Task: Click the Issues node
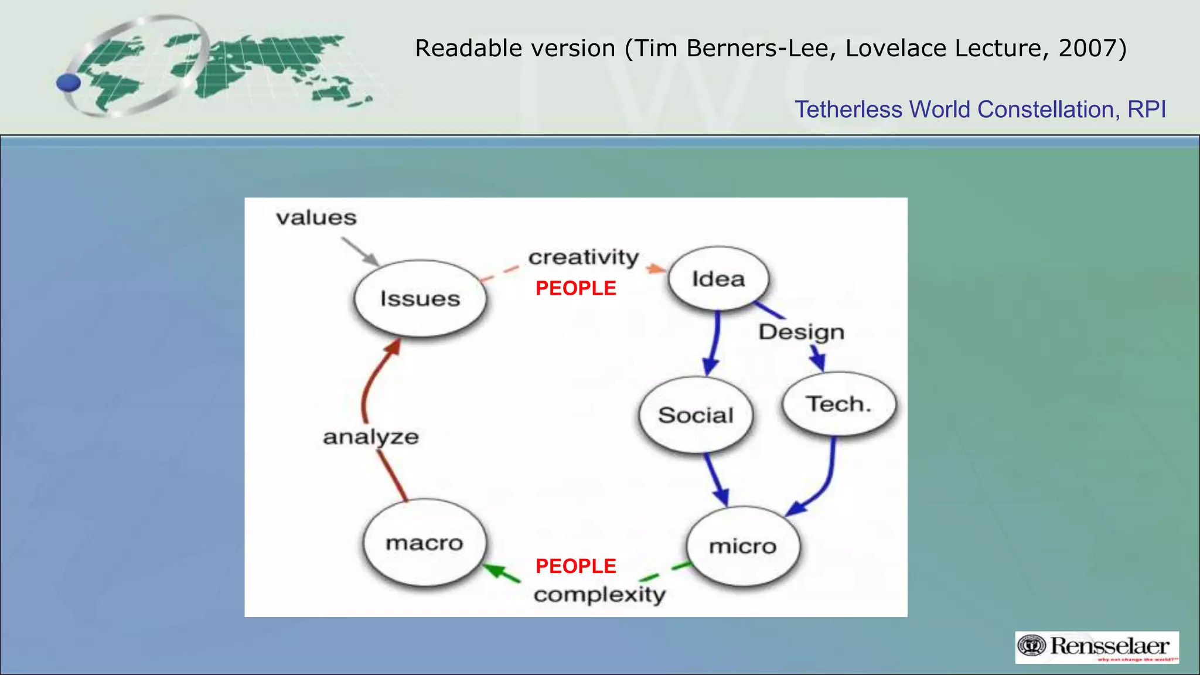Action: pyautogui.click(x=420, y=298)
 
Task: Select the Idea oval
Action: pyautogui.click(x=718, y=279)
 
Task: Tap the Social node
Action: pyautogui.click(x=696, y=415)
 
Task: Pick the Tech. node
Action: pyautogui.click(x=838, y=404)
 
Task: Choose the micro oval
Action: pyautogui.click(x=742, y=546)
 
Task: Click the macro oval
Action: pyautogui.click(x=424, y=543)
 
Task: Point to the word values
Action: pyautogui.click(x=316, y=218)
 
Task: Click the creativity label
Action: pyautogui.click(x=584, y=257)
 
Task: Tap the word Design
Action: pyautogui.click(x=801, y=332)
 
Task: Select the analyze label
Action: pyautogui.click(x=371, y=437)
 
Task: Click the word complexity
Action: pyautogui.click(x=599, y=595)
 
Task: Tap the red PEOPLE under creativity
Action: pyautogui.click(x=575, y=288)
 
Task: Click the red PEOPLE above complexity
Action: pyautogui.click(x=575, y=566)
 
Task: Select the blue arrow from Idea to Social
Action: pyautogui.click(x=714, y=343)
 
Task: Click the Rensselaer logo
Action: pyautogui.click(x=1097, y=647)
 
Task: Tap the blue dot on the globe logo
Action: pyautogui.click(x=69, y=83)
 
